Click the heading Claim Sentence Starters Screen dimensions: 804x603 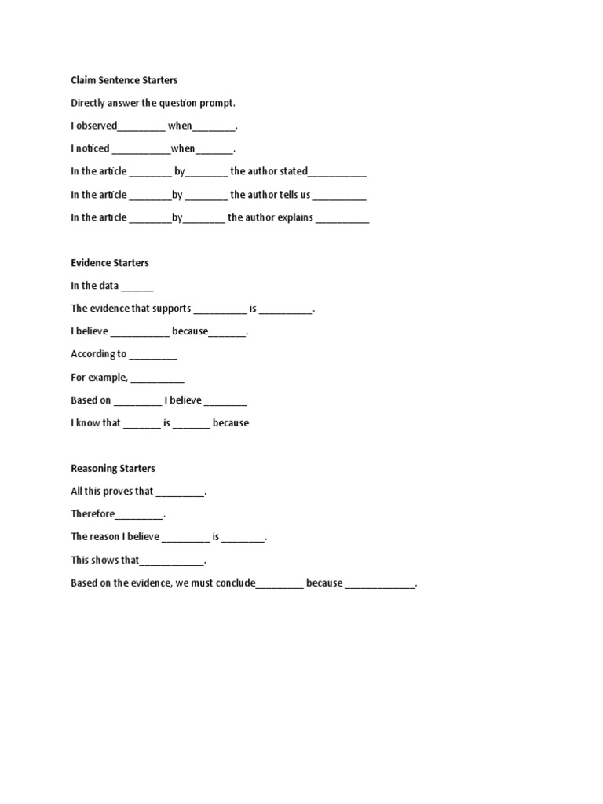pos(124,80)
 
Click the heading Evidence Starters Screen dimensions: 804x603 pos(110,263)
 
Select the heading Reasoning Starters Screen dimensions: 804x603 pos(113,469)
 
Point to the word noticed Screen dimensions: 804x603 pos(93,148)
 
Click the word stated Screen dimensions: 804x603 pos(294,171)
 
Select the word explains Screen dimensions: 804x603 pos(294,217)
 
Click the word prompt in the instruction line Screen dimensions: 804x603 pos(217,103)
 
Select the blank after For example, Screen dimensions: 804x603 pos(158,378)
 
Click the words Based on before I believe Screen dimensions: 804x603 pos(91,400)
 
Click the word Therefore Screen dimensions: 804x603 pos(93,514)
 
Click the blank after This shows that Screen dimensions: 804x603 pos(172,561)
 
